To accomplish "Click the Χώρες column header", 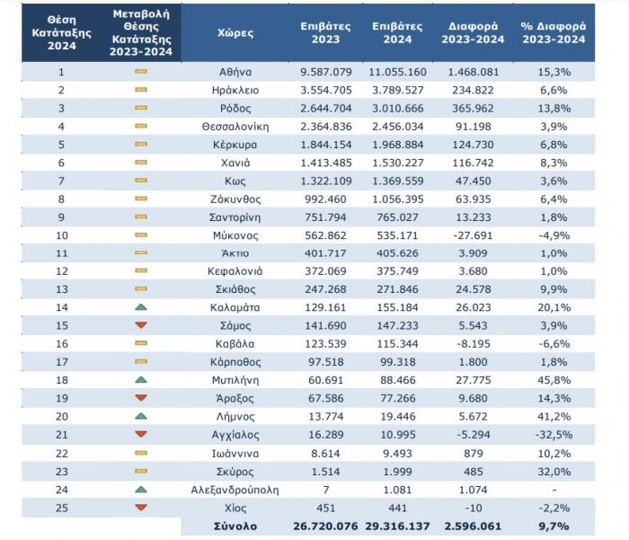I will point(235,32).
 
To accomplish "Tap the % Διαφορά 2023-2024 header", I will point(552,32).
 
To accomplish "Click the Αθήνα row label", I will point(235,71).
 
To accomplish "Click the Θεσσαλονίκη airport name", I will point(235,127).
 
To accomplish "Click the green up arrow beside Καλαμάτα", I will point(141,306).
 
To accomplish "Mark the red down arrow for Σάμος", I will point(141,325).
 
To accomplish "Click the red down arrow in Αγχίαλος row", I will point(141,435).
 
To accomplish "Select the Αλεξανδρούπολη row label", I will point(235,490).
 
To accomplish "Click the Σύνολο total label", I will point(235,525).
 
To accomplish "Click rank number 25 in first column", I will point(62,508).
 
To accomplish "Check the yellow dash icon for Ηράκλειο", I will point(141,90).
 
